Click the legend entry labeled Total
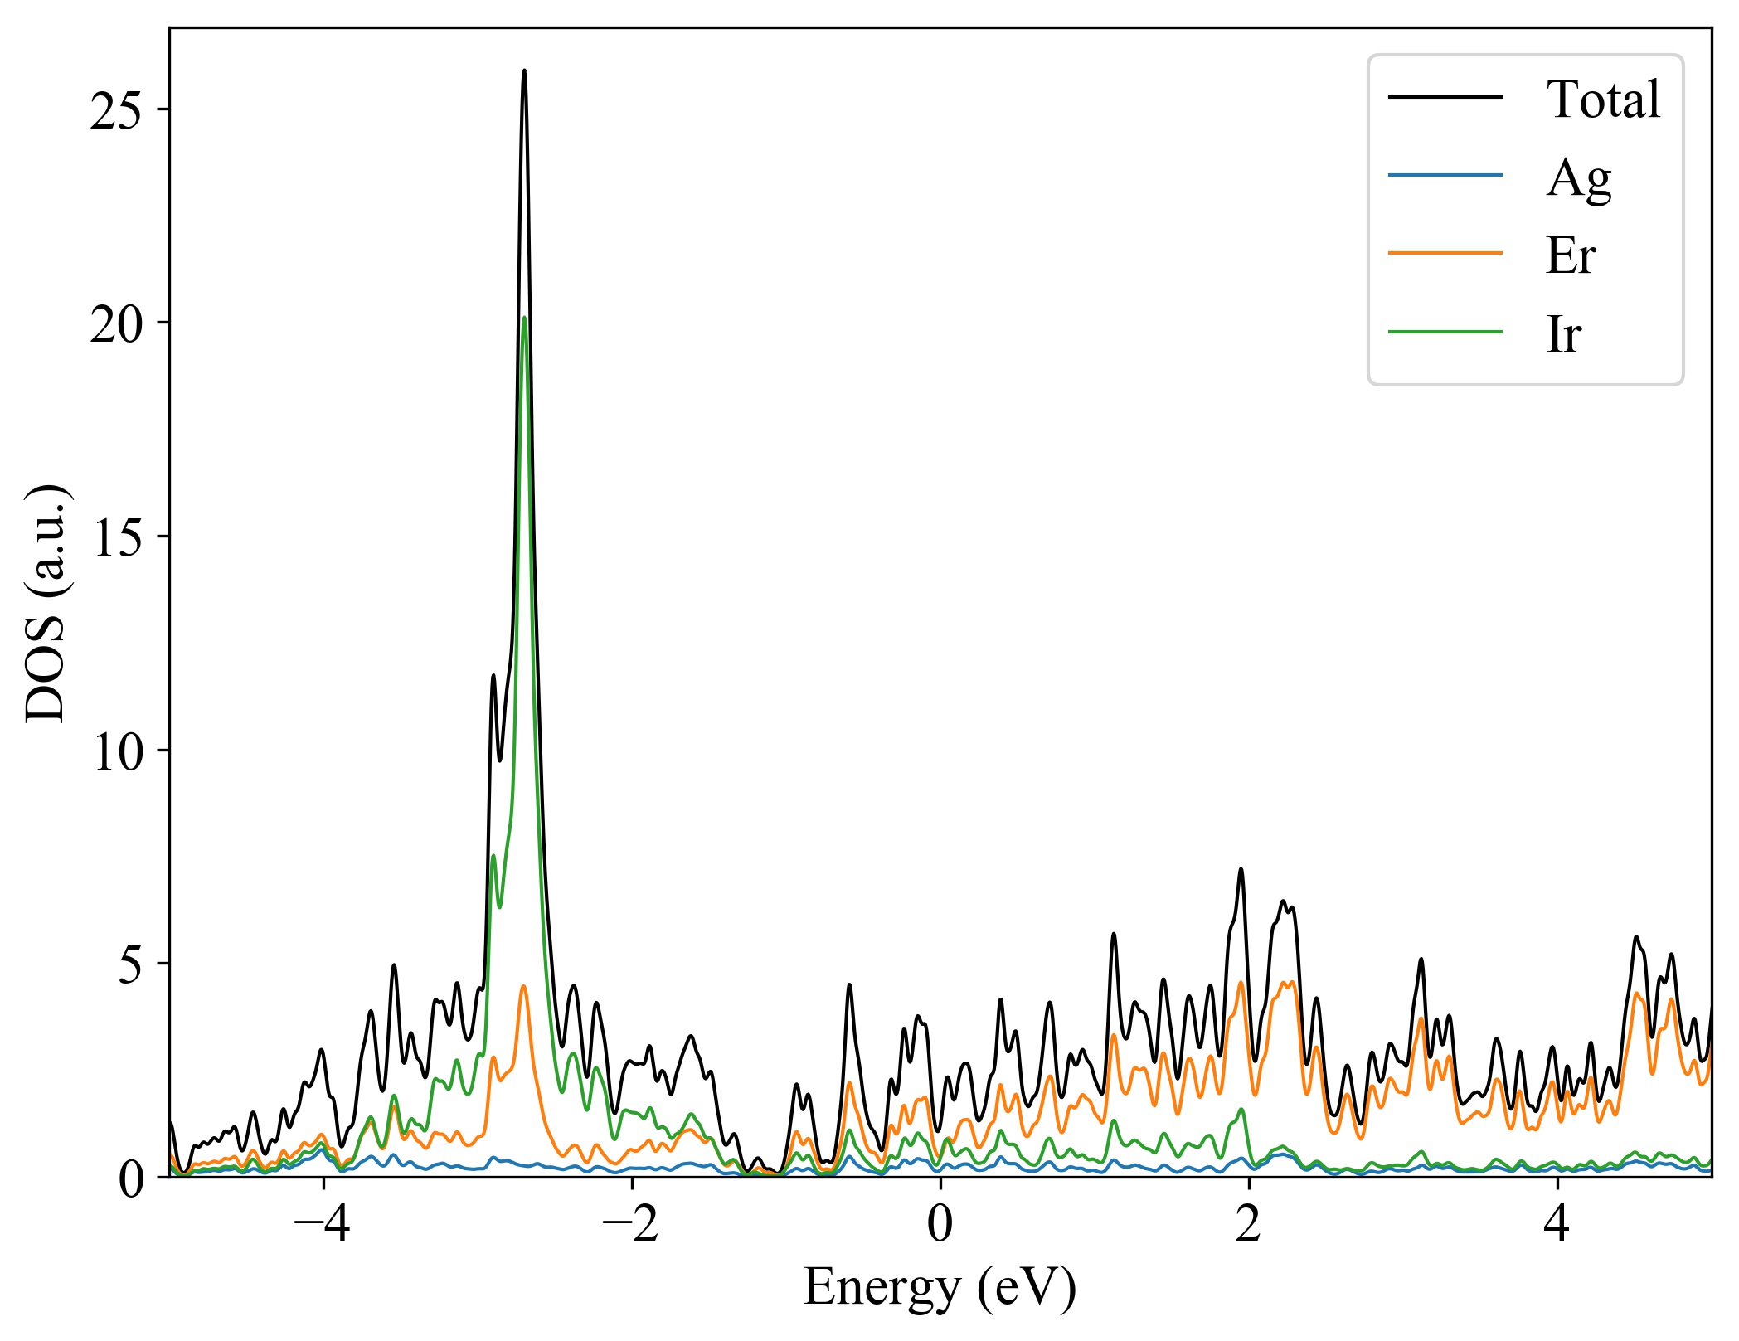click(1602, 100)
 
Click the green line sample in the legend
click(1445, 333)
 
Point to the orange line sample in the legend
click(1445, 253)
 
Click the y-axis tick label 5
click(131, 964)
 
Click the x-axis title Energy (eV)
click(940, 1288)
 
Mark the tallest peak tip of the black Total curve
click(524, 70)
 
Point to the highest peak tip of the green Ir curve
click(524, 318)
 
